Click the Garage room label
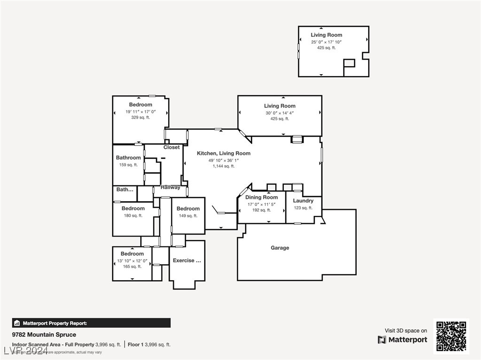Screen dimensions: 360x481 279,248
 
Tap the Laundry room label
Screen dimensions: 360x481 303,201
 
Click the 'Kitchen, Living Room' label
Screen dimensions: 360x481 224,153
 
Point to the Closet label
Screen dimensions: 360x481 171,147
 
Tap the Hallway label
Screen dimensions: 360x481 171,187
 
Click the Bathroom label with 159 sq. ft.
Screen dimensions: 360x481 128,158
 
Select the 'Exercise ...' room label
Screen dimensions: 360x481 187,260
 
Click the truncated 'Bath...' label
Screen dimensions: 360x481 125,190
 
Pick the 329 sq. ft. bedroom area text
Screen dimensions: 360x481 140,118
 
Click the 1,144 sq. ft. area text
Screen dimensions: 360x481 224,166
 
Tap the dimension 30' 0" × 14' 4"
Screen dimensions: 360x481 279,113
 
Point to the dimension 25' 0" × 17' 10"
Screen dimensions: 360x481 326,42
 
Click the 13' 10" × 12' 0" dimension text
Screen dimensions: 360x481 132,261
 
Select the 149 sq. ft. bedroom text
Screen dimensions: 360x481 188,216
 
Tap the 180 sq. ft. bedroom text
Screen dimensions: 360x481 133,216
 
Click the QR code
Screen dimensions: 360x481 451,337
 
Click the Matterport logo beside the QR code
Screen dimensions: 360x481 403,340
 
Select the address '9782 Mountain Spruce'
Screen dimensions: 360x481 44,335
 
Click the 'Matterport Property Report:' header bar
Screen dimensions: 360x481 91,323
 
